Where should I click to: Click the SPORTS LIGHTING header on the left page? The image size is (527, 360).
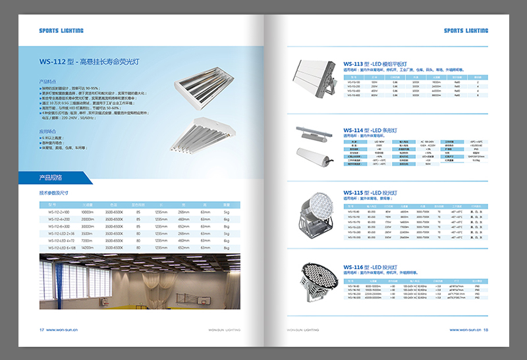pos(61,30)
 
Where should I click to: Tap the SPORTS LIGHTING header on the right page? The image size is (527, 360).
pos(466,30)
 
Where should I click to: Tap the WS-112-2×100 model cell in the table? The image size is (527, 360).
pos(59,212)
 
